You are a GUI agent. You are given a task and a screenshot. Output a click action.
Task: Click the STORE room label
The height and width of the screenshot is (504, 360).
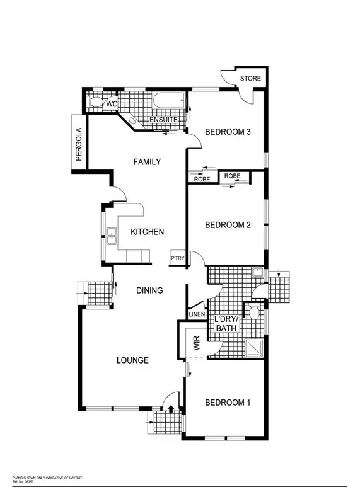(x=251, y=79)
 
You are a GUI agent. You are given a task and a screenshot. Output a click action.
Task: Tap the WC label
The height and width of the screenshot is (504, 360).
(x=112, y=104)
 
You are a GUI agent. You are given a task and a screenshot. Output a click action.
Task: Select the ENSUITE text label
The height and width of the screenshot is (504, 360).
(x=163, y=120)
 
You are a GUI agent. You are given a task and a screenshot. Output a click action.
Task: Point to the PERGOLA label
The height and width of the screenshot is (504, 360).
(x=79, y=146)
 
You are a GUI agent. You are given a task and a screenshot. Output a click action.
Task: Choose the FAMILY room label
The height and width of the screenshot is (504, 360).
(x=147, y=162)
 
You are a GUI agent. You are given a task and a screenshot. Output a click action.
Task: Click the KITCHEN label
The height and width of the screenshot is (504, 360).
(x=147, y=232)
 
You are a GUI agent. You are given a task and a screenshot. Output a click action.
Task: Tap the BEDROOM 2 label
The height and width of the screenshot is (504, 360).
(x=228, y=225)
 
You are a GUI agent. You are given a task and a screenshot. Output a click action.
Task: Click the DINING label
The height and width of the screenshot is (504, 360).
(x=150, y=290)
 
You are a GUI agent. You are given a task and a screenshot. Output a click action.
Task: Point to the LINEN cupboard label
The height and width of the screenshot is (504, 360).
(x=196, y=315)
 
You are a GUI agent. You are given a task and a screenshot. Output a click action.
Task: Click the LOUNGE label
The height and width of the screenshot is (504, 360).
(x=132, y=360)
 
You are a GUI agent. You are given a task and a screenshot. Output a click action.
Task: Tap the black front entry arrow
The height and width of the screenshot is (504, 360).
(x=170, y=409)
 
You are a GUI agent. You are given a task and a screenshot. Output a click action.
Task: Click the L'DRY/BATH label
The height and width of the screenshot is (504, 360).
(x=226, y=324)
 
